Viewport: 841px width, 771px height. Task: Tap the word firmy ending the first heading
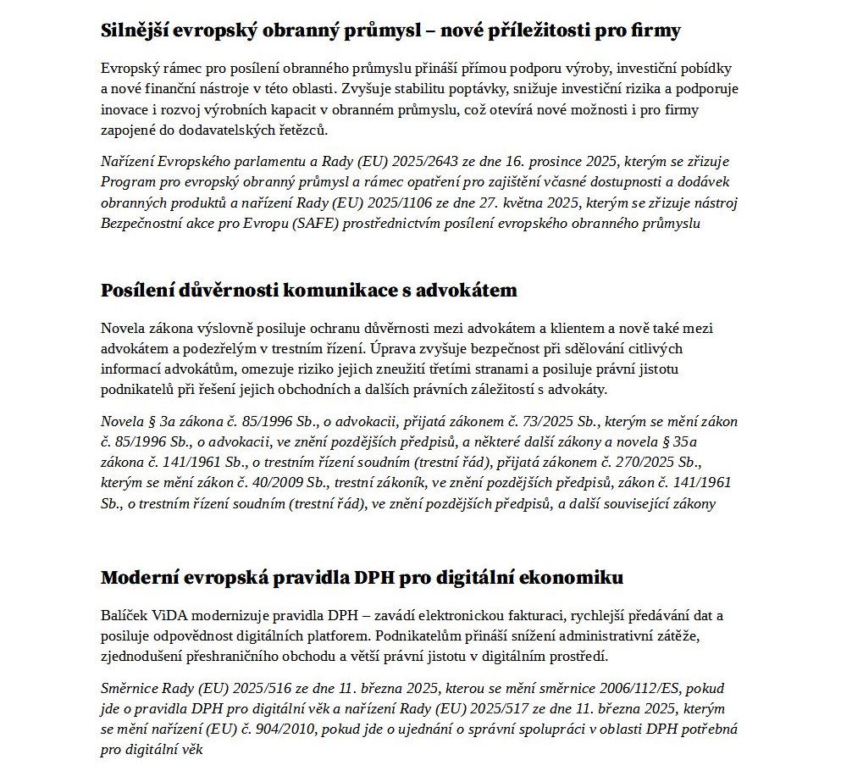click(x=656, y=31)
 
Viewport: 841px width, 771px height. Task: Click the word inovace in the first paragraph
click(x=124, y=110)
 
